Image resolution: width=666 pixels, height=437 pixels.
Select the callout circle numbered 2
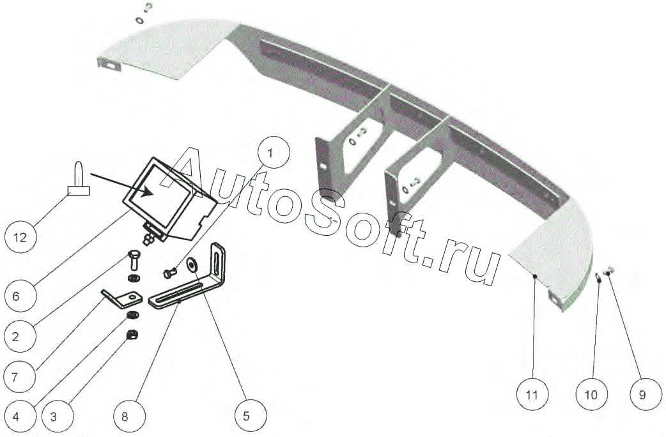[x=19, y=334]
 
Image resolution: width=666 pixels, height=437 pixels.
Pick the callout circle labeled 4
[x=19, y=417]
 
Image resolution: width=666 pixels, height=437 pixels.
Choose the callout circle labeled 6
[x=19, y=296]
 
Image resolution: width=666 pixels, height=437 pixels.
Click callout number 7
[x=19, y=376]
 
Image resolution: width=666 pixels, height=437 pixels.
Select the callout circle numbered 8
[x=125, y=417]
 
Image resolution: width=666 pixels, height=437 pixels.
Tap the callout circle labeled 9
[x=642, y=395]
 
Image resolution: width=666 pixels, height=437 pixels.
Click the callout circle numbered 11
[x=532, y=395]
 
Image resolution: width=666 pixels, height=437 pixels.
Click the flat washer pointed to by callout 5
[x=192, y=264]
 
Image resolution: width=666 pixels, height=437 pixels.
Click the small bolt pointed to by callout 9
[x=609, y=272]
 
